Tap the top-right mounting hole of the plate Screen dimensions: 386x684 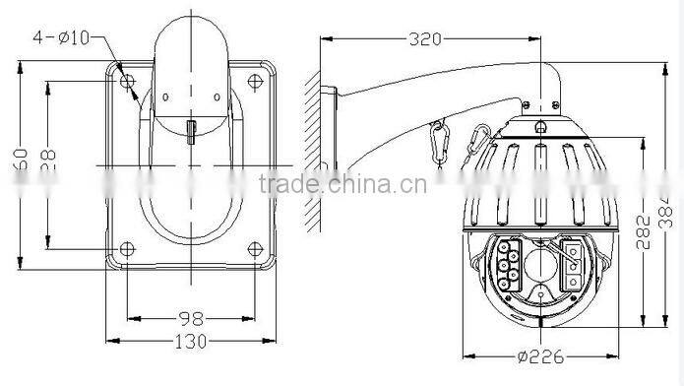pos(255,81)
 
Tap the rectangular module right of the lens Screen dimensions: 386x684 pos(572,267)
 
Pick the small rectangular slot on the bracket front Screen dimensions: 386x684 pos(192,131)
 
